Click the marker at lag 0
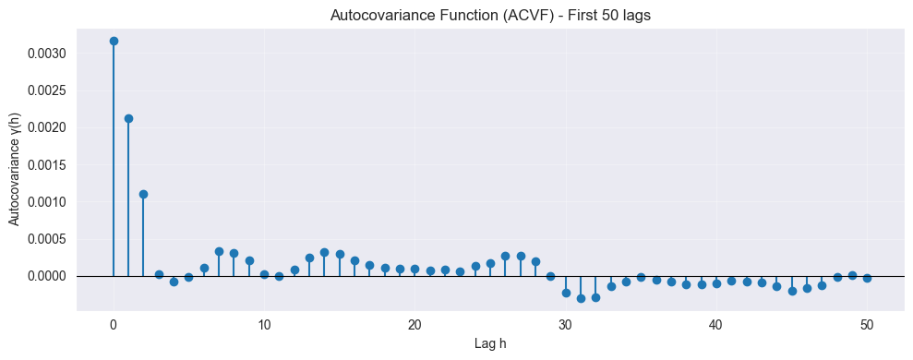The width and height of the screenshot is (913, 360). point(114,41)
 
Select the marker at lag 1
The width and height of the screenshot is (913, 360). point(128,118)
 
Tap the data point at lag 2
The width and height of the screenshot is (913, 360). point(143,194)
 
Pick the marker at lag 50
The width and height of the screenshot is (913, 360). point(867,278)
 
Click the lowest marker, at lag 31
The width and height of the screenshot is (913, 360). point(581,298)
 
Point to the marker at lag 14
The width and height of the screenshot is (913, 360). point(324,252)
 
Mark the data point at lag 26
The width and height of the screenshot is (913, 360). point(505,256)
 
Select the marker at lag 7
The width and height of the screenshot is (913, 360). point(219,251)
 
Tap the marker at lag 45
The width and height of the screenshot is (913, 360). point(792,291)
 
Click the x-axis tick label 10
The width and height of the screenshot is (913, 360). point(264,325)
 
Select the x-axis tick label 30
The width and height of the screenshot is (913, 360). point(566,325)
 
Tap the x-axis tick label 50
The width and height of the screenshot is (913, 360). point(867,325)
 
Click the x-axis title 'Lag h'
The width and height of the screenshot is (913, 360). point(490,343)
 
